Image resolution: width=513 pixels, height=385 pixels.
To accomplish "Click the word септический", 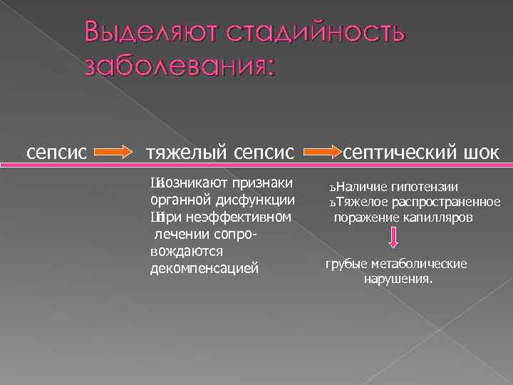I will pos(403,152).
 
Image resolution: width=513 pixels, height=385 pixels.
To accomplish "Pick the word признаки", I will pos(264,182).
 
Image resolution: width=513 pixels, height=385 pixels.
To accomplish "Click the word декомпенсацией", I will pos(203,269).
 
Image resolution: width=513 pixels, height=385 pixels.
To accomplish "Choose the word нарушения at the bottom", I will pos(397,279).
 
